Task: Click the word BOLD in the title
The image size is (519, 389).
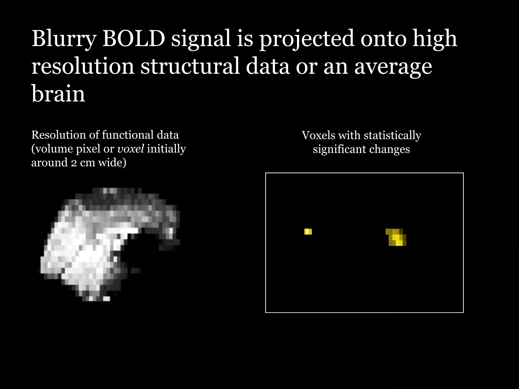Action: [x=134, y=38]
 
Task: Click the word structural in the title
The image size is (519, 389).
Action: [x=190, y=66]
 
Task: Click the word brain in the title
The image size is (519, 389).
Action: [x=58, y=94]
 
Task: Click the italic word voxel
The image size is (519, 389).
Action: [x=131, y=149]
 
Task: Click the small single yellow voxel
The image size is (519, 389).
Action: [x=308, y=231]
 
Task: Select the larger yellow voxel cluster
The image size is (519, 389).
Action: [x=396, y=238]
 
